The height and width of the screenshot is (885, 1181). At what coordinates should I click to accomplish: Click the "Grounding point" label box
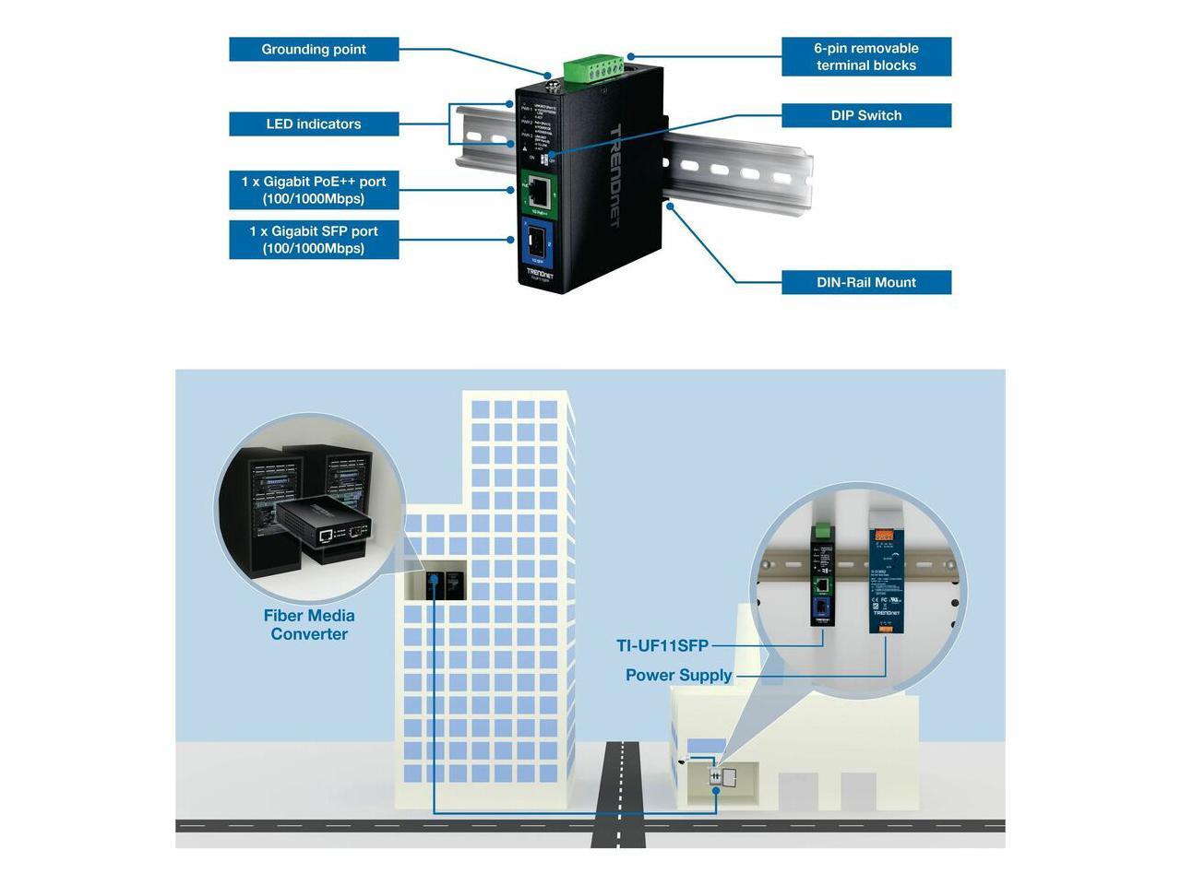coord(314,50)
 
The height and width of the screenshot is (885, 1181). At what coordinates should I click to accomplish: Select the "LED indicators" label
coord(314,124)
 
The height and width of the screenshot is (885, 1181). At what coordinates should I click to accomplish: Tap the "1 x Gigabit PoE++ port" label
coord(314,190)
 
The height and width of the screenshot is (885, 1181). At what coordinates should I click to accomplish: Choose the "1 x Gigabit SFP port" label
coord(314,240)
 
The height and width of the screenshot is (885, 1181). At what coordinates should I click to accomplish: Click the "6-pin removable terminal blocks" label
coord(865,57)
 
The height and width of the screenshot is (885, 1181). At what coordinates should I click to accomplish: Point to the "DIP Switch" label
coord(865,116)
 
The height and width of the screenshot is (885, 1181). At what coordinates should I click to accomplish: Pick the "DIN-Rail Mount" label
coord(865,283)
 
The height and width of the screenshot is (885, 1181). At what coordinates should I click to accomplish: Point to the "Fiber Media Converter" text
coord(309,625)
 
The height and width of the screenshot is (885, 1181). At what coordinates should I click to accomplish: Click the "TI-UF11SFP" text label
coord(662,646)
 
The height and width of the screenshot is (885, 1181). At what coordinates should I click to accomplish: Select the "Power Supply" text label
coord(678,676)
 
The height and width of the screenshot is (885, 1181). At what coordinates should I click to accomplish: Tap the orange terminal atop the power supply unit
coord(883,533)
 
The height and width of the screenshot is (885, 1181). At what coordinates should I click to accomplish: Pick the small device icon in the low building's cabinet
coord(717,777)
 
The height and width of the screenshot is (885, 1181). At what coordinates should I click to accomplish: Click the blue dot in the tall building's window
coord(433,581)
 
